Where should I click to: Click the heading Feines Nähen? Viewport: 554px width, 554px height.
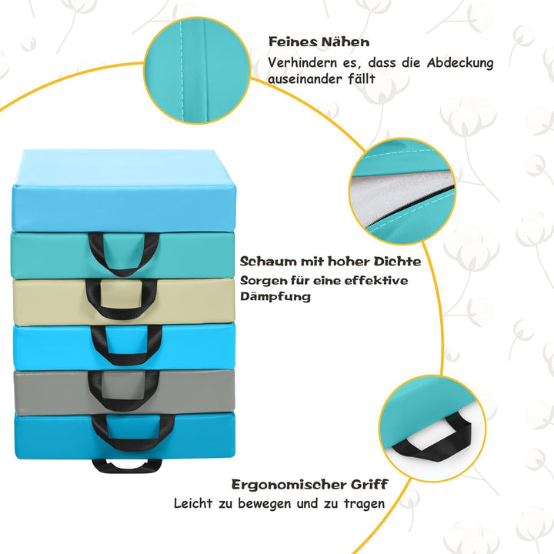pos(319,42)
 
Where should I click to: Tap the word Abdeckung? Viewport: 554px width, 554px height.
pos(460,63)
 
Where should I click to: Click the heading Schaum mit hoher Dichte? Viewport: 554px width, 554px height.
pos(330,262)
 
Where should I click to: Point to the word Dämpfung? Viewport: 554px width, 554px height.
pos(275,296)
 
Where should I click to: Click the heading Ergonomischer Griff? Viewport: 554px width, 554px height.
pos(310,484)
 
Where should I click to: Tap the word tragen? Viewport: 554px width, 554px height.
pos(364,503)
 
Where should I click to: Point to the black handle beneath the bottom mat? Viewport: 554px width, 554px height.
pos(126,467)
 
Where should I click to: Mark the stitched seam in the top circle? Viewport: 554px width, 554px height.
pos(182,71)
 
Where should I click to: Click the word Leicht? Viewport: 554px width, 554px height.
pos(193,503)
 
